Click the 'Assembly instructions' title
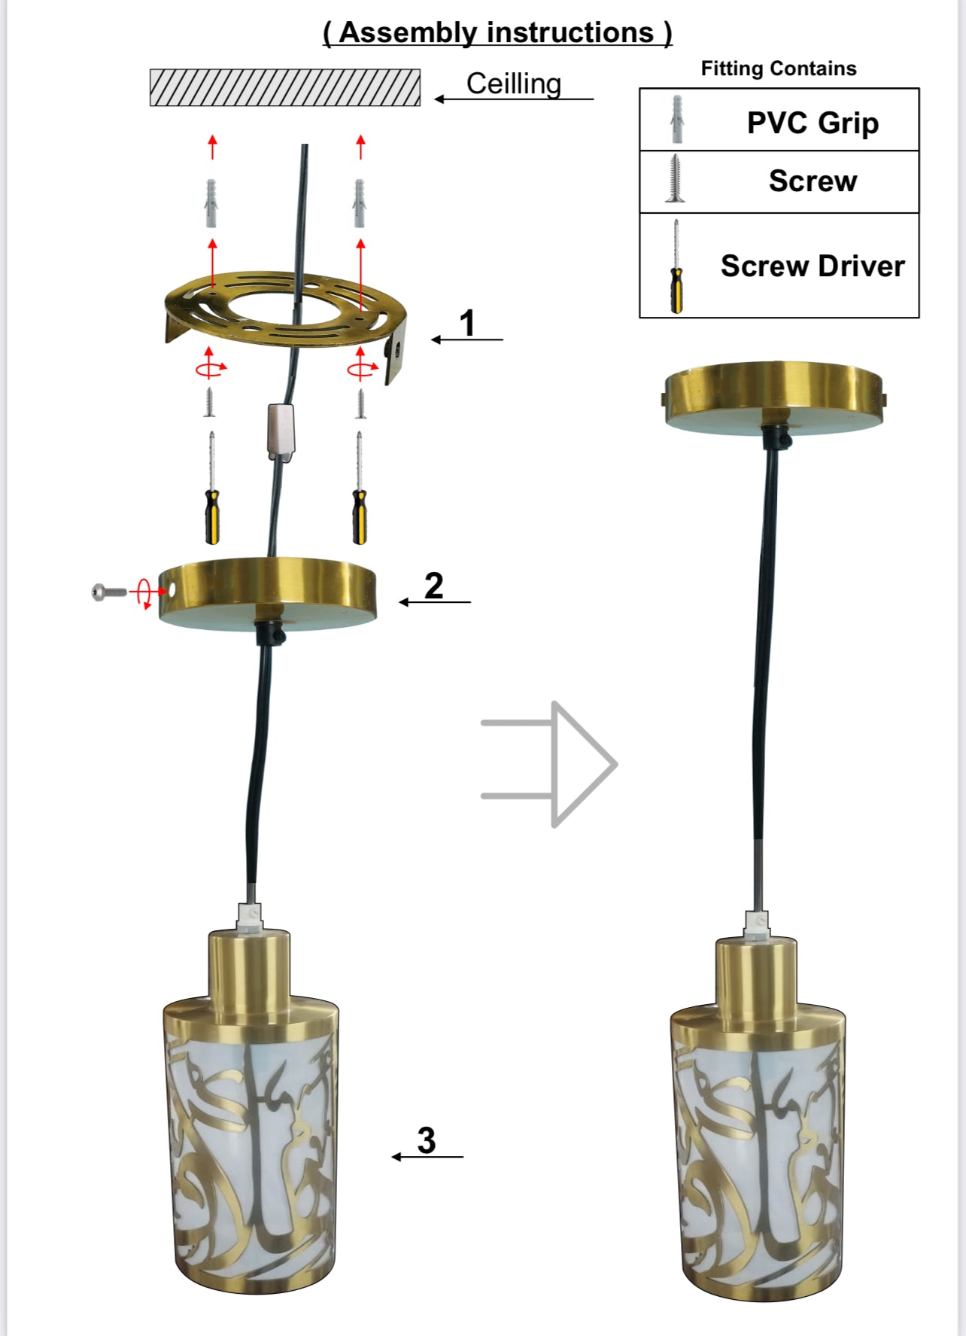point(497,32)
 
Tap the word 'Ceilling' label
point(514,84)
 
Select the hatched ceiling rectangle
point(285,87)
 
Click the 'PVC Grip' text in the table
point(813,123)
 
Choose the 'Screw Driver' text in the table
point(813,266)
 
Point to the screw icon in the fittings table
point(676,178)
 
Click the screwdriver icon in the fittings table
point(676,266)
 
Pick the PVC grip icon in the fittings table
point(677,120)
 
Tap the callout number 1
point(467,323)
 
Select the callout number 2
point(434,586)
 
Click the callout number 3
point(427,1140)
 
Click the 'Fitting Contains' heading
point(779,68)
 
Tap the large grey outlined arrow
point(549,764)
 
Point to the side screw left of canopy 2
point(108,592)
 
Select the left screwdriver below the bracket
point(213,488)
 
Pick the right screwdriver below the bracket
point(360,488)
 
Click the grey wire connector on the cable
point(281,431)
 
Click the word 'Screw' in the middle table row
point(813,181)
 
